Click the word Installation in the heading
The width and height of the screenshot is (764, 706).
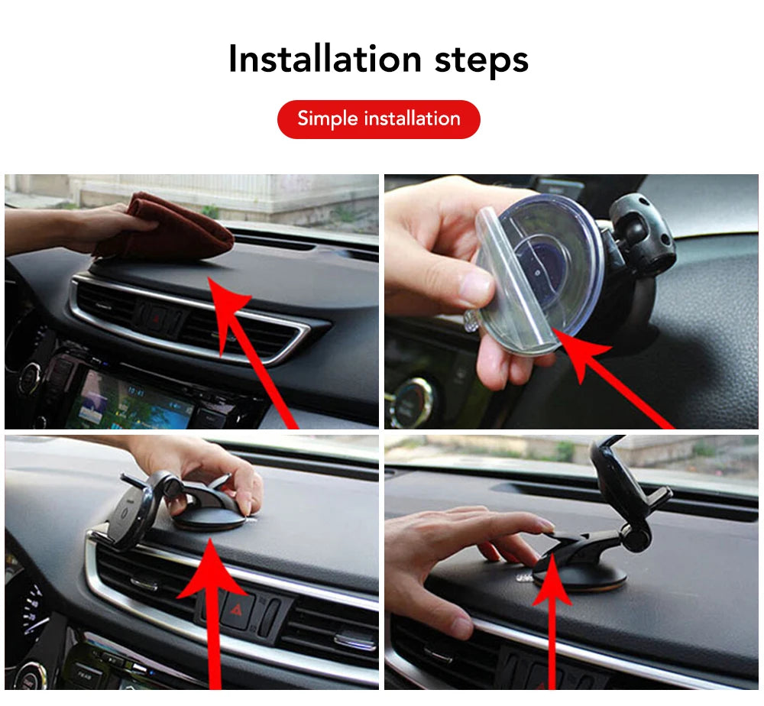325,60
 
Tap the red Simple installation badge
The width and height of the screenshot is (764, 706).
378,119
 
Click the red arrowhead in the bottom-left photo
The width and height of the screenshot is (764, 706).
210,573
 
